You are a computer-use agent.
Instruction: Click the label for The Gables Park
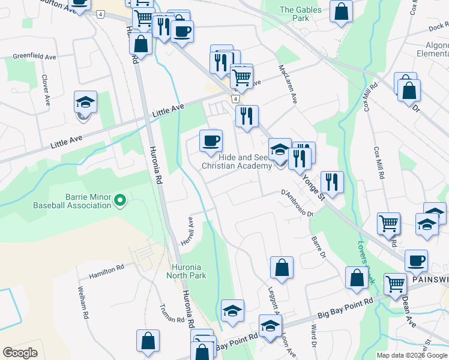point(295,14)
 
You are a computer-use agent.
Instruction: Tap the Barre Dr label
point(318,247)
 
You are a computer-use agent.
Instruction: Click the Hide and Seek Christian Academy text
point(236,161)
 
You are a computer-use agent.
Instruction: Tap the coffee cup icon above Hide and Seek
point(211,140)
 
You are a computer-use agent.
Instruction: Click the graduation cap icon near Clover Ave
point(85,102)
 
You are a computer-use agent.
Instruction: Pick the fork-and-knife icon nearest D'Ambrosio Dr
point(331,181)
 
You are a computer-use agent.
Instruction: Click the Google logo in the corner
point(20,353)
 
